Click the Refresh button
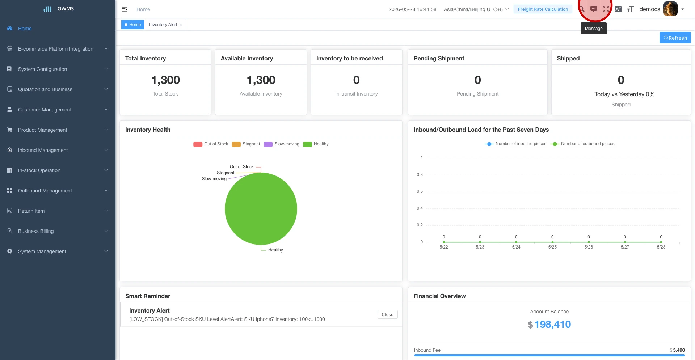coord(675,38)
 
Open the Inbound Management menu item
coord(43,150)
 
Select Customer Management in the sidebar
coord(45,110)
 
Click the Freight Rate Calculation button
coord(543,9)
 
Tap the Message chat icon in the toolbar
coord(594,9)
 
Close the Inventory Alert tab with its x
coord(181,25)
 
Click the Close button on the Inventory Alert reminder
coord(387,314)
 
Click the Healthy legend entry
coord(316,144)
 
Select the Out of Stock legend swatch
coord(198,144)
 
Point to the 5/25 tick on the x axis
coord(552,247)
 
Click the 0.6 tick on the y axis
coord(420,191)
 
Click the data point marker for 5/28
coord(661,242)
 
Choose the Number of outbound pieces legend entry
coord(582,144)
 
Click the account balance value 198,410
coord(552,324)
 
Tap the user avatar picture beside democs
coord(670,9)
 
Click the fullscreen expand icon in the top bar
coord(606,9)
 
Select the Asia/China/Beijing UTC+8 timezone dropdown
coord(476,9)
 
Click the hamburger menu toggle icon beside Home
coord(125,9)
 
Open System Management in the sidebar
coord(42,251)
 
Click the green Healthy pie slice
coord(261,209)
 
